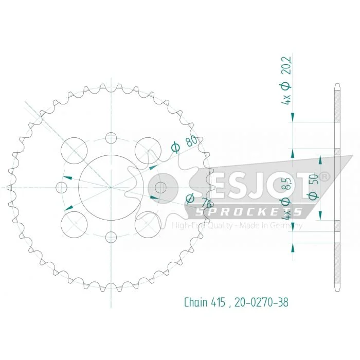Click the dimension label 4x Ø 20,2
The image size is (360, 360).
click(x=287, y=80)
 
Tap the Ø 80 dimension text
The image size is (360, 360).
click(x=184, y=143)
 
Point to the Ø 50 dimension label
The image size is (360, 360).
click(x=314, y=186)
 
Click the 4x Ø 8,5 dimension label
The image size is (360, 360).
click(x=287, y=199)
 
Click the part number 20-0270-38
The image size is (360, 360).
click(x=261, y=302)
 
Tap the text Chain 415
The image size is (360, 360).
click(x=205, y=302)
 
